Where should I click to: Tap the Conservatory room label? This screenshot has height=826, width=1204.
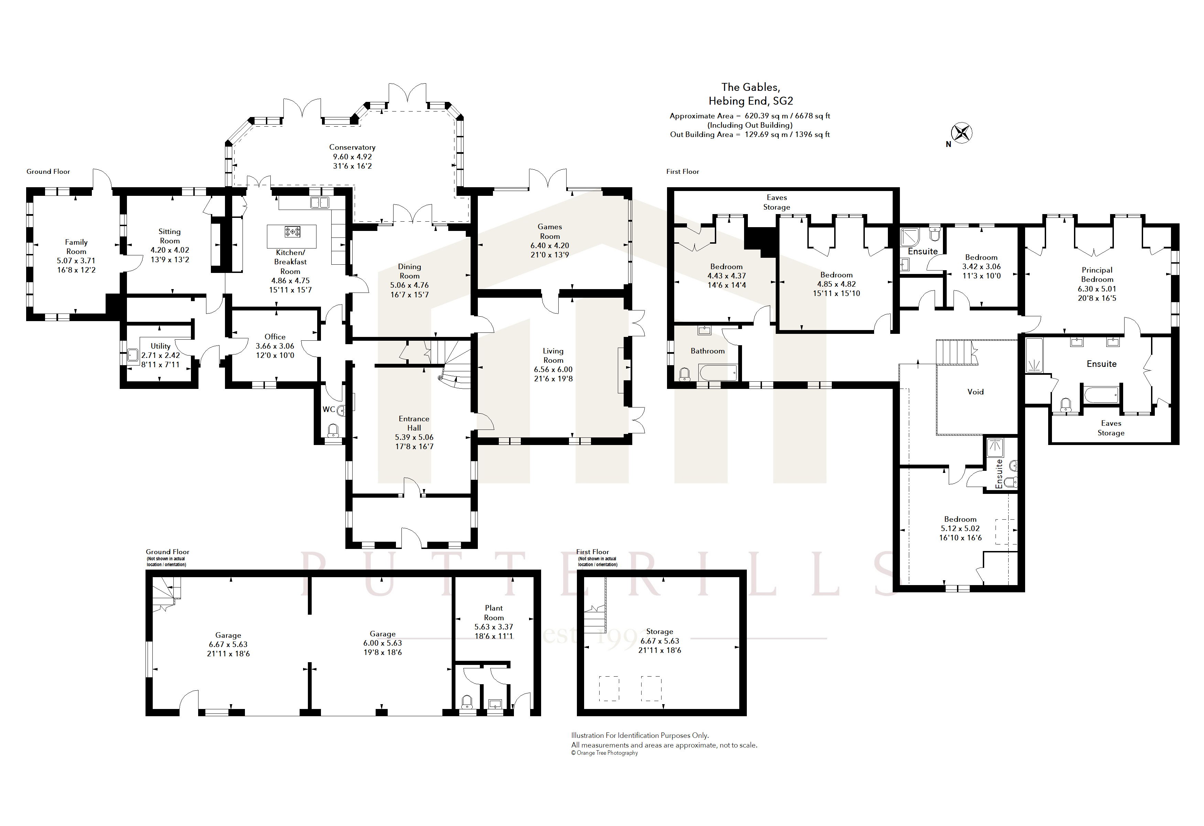(352, 147)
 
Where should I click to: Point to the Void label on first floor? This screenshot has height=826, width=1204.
(976, 392)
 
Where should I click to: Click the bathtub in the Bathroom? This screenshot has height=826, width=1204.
(718, 373)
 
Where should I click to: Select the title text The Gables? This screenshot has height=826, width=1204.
(751, 87)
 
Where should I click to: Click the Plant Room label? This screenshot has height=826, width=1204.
(494, 613)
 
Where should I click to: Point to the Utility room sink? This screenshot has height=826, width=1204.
(133, 356)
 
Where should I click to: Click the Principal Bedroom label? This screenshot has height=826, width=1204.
(1097, 275)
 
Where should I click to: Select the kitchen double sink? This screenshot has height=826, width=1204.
(320, 203)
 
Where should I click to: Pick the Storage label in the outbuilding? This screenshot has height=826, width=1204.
(659, 632)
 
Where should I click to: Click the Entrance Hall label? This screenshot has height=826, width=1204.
(414, 423)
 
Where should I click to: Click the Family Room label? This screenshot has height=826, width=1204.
(76, 247)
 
